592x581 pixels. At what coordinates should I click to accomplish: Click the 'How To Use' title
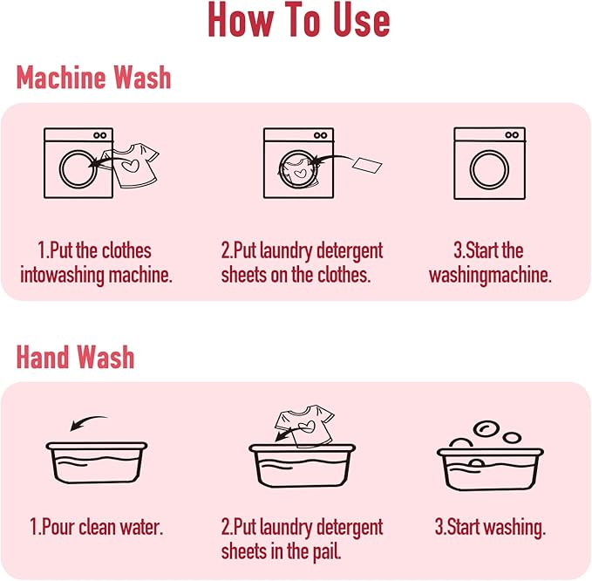[299, 20]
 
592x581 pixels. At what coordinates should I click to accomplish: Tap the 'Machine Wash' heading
[93, 78]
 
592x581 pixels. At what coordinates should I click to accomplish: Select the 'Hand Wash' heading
[75, 357]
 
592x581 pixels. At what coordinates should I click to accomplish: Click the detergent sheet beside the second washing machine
[367, 165]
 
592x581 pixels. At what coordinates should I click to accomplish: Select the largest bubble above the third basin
[487, 428]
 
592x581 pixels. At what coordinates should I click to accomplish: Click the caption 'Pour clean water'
[96, 527]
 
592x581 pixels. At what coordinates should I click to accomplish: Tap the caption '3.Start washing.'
[490, 527]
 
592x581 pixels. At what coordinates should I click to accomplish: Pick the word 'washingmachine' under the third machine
[490, 276]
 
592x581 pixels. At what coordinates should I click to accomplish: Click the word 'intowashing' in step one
[62, 276]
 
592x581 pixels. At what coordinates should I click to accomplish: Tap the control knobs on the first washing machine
[100, 135]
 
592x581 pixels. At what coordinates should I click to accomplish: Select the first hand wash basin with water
[97, 462]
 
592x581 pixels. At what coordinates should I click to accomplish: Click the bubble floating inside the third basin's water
[476, 463]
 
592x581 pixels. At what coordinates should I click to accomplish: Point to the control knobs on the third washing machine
[512, 135]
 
